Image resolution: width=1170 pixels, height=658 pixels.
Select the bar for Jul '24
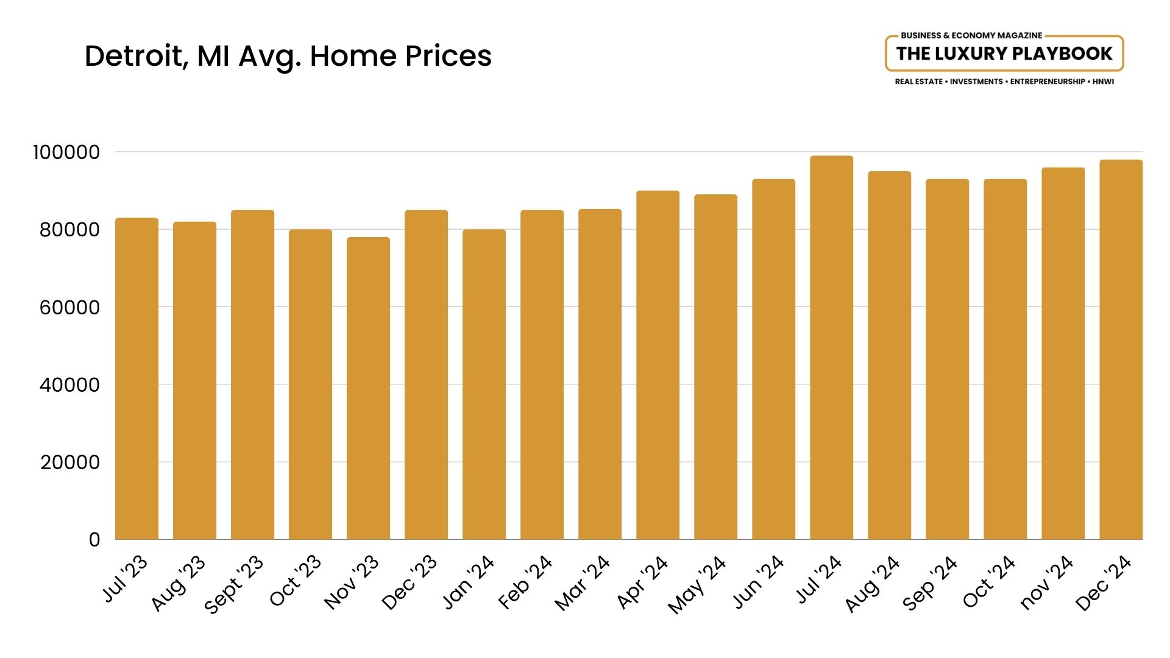click(x=831, y=347)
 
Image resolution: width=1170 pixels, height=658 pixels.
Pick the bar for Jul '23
click(x=136, y=378)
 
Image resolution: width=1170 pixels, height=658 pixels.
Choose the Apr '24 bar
click(x=658, y=365)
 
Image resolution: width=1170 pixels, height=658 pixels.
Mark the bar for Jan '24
click(x=484, y=384)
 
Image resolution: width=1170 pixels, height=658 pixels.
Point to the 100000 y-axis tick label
click(x=66, y=152)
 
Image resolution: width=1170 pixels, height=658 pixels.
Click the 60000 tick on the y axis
click(x=69, y=308)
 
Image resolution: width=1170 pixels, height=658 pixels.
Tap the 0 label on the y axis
click(x=94, y=540)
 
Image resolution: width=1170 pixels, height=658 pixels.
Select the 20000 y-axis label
click(x=69, y=462)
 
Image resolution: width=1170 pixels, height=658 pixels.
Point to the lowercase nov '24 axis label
click(x=1046, y=582)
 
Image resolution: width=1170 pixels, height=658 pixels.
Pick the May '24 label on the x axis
click(x=697, y=585)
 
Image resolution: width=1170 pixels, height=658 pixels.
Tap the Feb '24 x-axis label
click(x=525, y=582)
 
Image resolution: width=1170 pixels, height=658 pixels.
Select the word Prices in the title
click(x=448, y=56)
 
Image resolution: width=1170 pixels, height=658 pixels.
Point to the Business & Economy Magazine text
click(x=971, y=35)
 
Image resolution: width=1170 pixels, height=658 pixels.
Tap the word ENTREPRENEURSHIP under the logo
click(x=1048, y=82)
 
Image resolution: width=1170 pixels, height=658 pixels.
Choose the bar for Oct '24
click(x=1005, y=359)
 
